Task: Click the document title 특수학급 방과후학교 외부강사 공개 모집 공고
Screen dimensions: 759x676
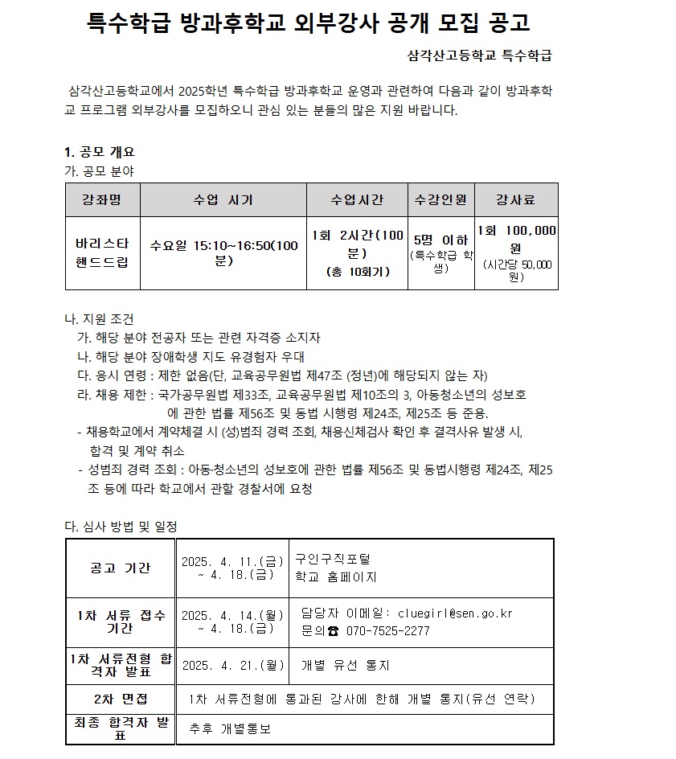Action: [x=308, y=23]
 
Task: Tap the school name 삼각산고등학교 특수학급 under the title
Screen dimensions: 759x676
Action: [x=480, y=56]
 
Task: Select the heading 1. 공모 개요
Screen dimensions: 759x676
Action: [x=99, y=151]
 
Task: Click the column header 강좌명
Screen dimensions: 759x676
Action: [x=102, y=199]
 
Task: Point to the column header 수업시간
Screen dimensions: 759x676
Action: [x=357, y=199]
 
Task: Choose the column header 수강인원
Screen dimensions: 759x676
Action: [x=440, y=199]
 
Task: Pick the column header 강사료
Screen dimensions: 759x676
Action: [x=515, y=199]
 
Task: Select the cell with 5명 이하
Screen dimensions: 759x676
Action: [x=440, y=240]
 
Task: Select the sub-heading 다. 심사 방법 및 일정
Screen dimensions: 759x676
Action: [x=121, y=526]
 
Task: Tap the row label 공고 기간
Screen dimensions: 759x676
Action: [x=120, y=568]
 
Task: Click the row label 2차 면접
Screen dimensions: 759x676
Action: [x=120, y=698]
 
